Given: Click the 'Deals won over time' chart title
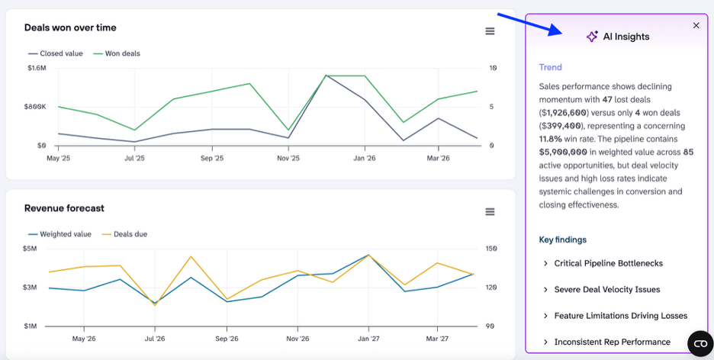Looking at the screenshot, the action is pyautogui.click(x=70, y=27).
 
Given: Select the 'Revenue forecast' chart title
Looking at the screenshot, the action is pyautogui.click(x=64, y=208).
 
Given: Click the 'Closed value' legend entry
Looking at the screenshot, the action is pyautogui.click(x=56, y=53).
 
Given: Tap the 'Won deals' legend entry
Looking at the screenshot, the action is pyautogui.click(x=117, y=53).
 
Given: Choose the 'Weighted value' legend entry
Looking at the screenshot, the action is pyautogui.click(x=59, y=234).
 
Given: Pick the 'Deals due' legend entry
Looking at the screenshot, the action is pyautogui.click(x=124, y=234).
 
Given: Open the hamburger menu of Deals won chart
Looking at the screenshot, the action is pyautogui.click(x=490, y=31).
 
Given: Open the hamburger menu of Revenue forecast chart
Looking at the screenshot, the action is pyautogui.click(x=490, y=211).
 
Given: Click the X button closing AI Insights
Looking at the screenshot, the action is pyautogui.click(x=696, y=25).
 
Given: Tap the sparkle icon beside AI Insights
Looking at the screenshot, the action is pyautogui.click(x=592, y=37).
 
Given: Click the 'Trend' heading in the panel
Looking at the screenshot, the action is pyautogui.click(x=551, y=67).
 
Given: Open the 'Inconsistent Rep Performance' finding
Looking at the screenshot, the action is pyautogui.click(x=606, y=342).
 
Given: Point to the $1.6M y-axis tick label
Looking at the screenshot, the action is pyautogui.click(x=37, y=69).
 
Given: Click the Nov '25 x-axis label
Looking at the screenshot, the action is pyautogui.click(x=288, y=158).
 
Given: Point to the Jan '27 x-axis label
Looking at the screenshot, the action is pyautogui.click(x=368, y=339).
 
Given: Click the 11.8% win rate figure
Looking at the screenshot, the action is pyautogui.click(x=551, y=138).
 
